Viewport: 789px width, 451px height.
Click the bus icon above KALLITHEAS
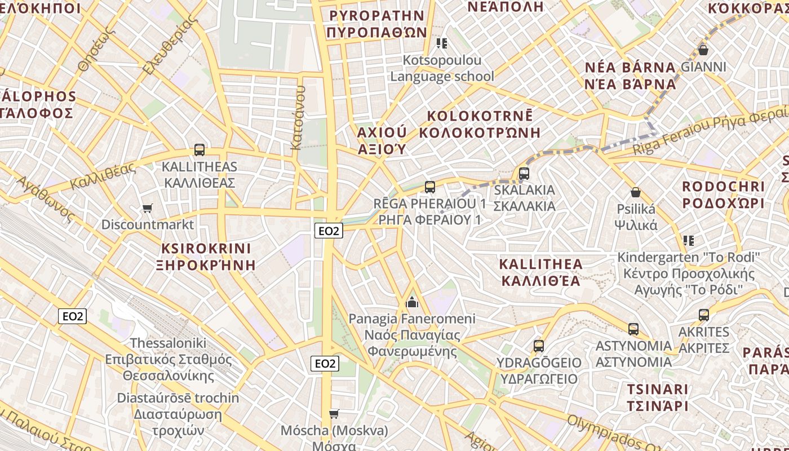[x=199, y=150]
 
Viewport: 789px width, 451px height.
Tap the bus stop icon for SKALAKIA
[x=524, y=173]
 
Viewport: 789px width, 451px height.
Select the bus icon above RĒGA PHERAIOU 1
[x=430, y=187]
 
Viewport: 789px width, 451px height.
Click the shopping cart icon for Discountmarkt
[x=148, y=209]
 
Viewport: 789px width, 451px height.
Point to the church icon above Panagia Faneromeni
[x=412, y=303]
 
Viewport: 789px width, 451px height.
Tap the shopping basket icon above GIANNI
[x=703, y=50]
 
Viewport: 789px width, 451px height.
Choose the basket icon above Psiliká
[x=636, y=192]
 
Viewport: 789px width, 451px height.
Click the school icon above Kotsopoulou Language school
[x=442, y=43]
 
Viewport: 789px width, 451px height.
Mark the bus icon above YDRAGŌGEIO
[x=538, y=346]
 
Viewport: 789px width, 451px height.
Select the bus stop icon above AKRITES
[x=703, y=315]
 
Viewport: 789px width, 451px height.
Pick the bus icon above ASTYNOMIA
[x=633, y=329]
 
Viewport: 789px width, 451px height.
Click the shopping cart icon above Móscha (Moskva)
[x=334, y=414]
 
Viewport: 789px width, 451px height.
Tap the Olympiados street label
[x=606, y=435]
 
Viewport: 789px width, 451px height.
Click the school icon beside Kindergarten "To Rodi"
[x=688, y=241]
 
